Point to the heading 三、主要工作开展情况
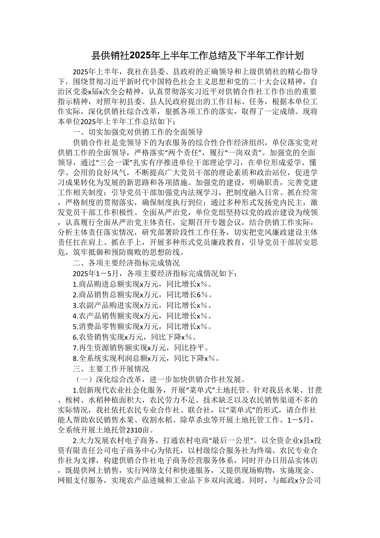coord(111,369)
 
